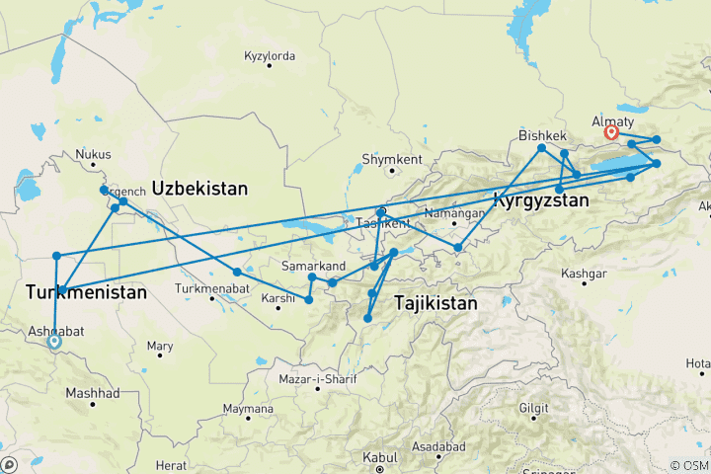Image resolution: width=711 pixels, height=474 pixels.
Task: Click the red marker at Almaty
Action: pyautogui.click(x=611, y=131)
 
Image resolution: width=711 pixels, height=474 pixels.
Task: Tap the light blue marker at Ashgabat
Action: pyautogui.click(x=54, y=342)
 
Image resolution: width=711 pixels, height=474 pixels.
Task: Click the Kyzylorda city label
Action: pyautogui.click(x=270, y=56)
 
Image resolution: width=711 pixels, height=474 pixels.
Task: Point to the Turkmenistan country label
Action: pyautogui.click(x=86, y=293)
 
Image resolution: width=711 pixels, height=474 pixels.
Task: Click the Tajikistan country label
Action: pyautogui.click(x=435, y=303)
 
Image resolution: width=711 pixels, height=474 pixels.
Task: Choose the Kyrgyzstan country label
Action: pyautogui.click(x=541, y=200)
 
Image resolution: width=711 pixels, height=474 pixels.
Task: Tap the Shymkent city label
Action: pyautogui.click(x=392, y=160)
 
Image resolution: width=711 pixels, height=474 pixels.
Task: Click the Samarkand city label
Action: pyautogui.click(x=313, y=267)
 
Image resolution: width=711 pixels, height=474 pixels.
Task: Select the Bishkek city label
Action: pyautogui.click(x=542, y=135)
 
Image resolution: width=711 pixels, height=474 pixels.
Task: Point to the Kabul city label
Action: pyautogui.click(x=380, y=457)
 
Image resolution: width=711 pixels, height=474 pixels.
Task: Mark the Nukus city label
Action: pyautogui.click(x=94, y=155)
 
